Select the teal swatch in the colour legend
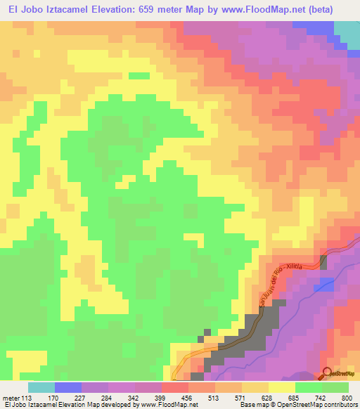click(x=41, y=387)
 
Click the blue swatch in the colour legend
click(x=68, y=387)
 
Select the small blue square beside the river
click(x=325, y=285)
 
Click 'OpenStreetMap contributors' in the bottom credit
click(x=320, y=405)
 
